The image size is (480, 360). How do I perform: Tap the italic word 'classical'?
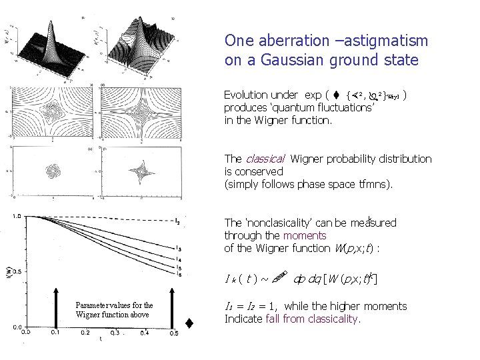click(x=265, y=159)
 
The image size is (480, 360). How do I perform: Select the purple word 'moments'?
click(x=305, y=235)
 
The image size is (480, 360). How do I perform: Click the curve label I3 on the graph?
click(x=179, y=249)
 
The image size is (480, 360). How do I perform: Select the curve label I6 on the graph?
click(x=179, y=274)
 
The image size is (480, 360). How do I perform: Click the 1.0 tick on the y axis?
click(x=16, y=217)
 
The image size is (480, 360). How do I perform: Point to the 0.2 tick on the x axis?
click(x=85, y=331)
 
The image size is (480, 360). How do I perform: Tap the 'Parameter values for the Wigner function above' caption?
click(x=114, y=310)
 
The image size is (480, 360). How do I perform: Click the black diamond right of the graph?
click(x=189, y=324)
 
